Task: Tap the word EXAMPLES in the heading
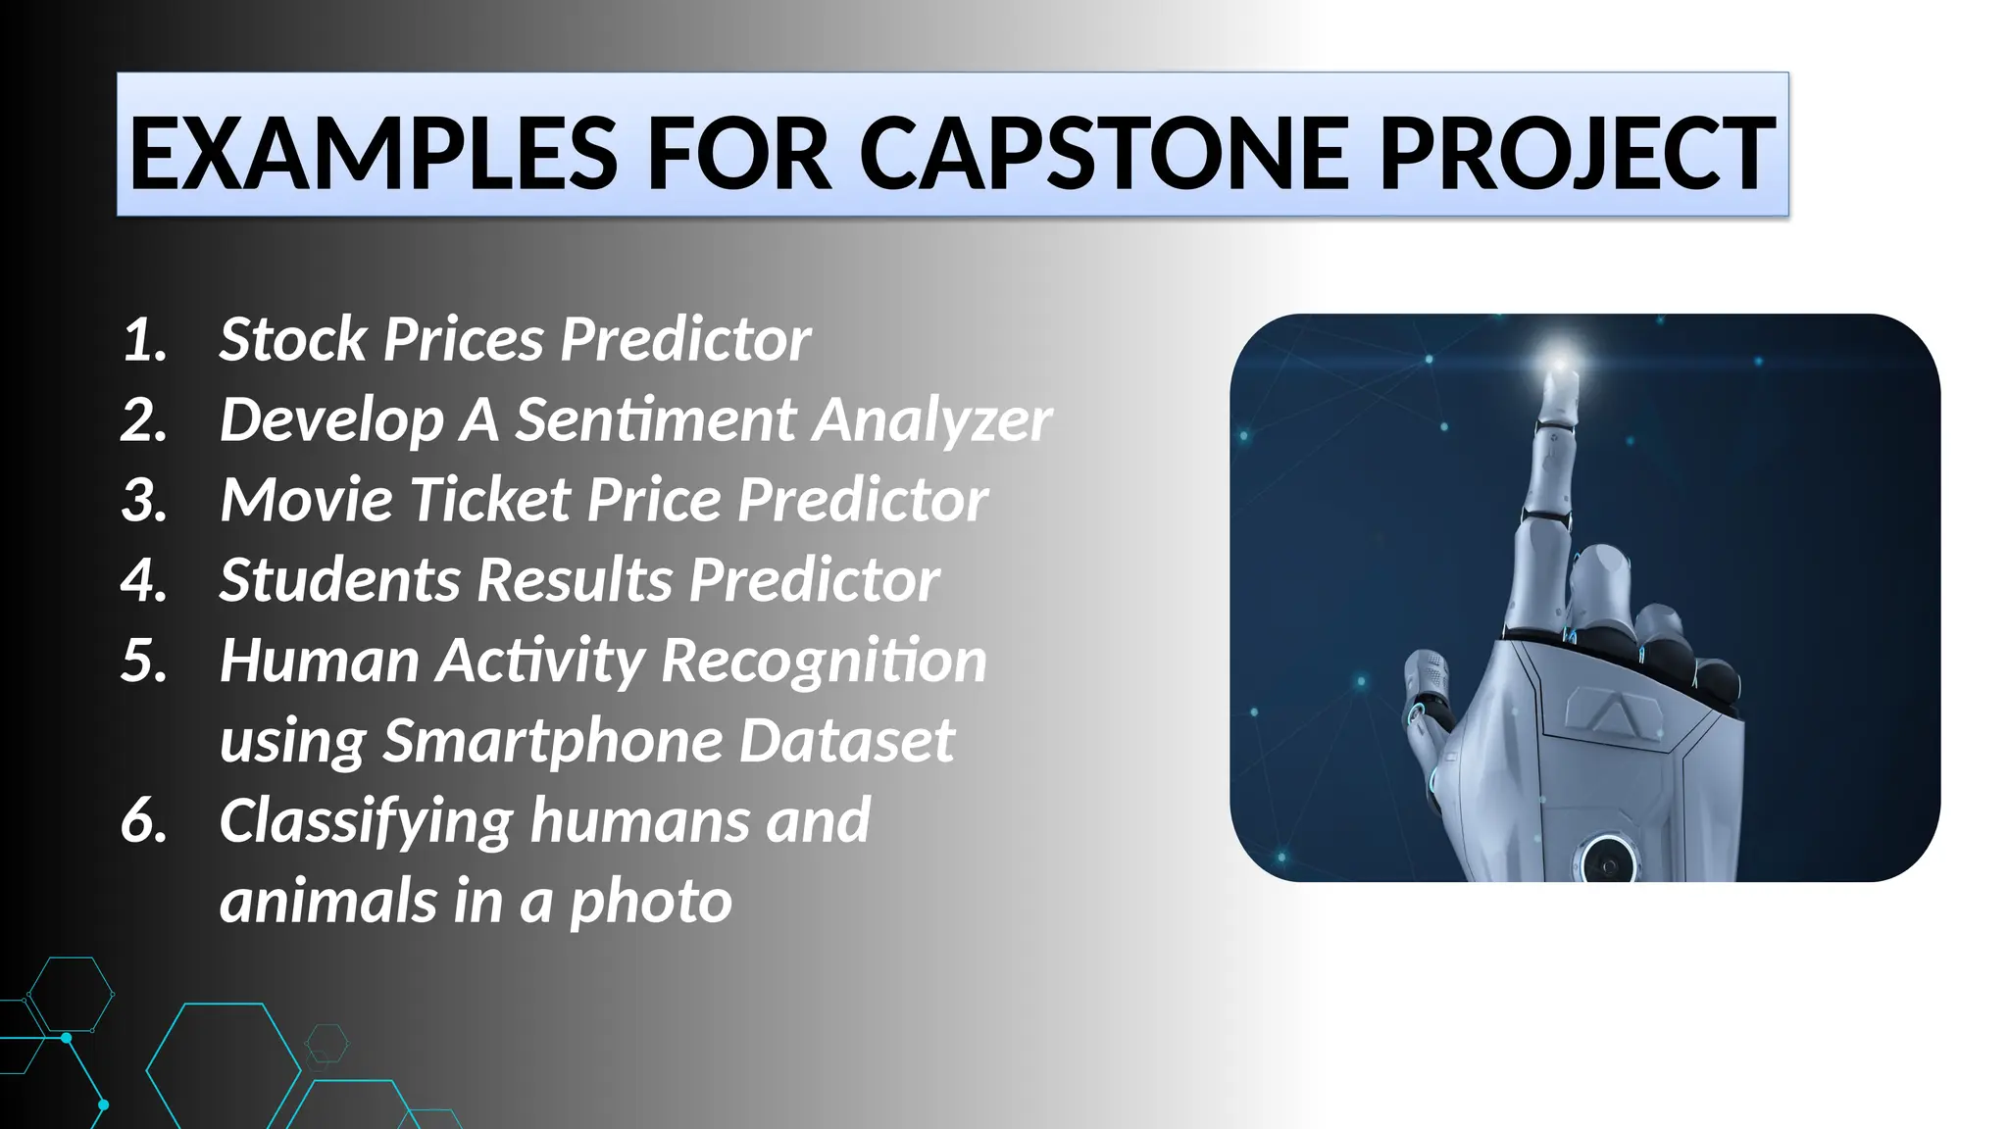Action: pos(373,154)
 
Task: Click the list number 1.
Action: pos(145,340)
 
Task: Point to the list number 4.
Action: pos(145,580)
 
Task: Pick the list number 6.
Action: pos(145,821)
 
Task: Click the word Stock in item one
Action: pos(292,339)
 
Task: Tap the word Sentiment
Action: pos(656,419)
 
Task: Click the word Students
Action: pos(338,580)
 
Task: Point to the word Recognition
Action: pos(824,662)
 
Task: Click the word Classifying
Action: pos(366,821)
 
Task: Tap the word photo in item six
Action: pos(650,902)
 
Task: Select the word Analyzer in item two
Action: pos(931,419)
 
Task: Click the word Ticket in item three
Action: pos(489,500)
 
